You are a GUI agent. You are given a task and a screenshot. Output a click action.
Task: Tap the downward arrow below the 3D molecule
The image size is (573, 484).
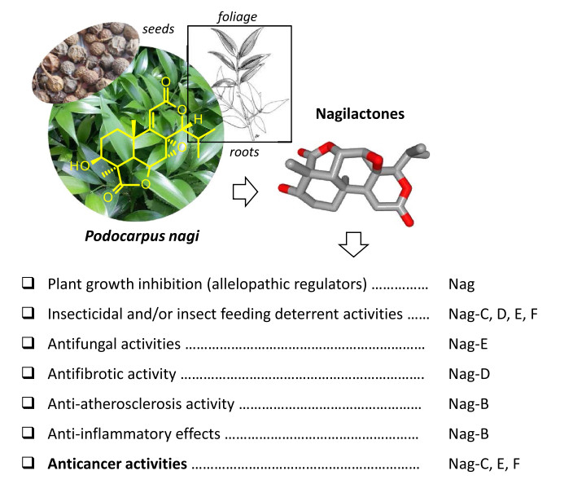[353, 244]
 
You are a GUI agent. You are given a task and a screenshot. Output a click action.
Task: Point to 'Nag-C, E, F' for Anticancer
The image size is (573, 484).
[484, 464]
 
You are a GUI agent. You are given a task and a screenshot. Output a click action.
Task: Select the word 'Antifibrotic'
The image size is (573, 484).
[85, 374]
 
